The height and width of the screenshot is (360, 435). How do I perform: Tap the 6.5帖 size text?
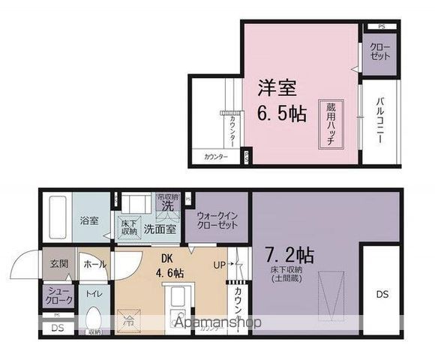pos(281,114)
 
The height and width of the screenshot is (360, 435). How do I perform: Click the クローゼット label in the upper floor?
pos(379,52)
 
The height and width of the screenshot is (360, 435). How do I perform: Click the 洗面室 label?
pos(160,229)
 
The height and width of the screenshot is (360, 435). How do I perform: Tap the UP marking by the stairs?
pos(220,264)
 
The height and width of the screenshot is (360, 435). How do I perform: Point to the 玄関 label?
pos(59,264)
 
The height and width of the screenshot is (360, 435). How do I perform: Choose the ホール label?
pos(94,264)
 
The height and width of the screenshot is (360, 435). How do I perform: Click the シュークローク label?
pos(59,296)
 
